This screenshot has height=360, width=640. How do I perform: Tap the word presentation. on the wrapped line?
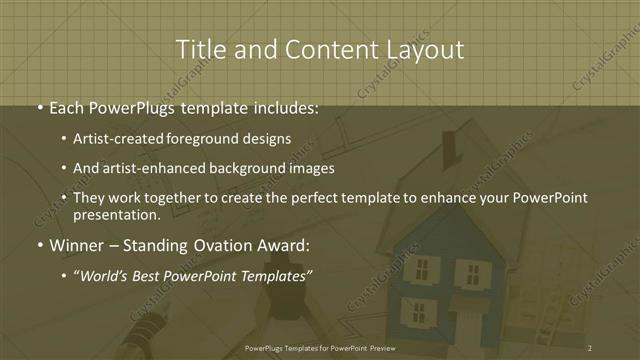click(117, 214)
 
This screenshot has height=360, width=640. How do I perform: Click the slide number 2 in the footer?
click(590, 348)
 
